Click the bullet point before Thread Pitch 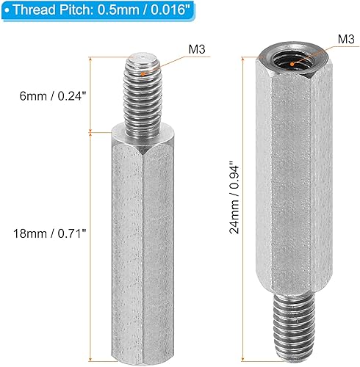click(7, 10)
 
